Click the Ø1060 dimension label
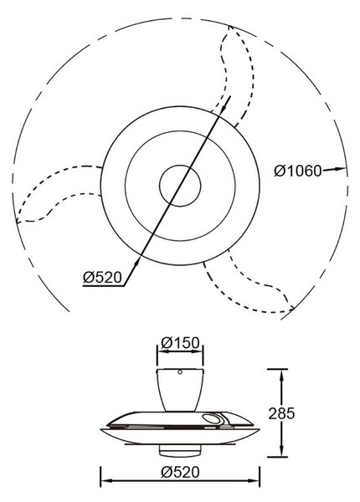297,171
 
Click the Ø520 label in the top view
102,277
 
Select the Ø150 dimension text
180,343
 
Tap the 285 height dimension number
281,413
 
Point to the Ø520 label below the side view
180,472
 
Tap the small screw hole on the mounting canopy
180,372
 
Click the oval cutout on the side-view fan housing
210,419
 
